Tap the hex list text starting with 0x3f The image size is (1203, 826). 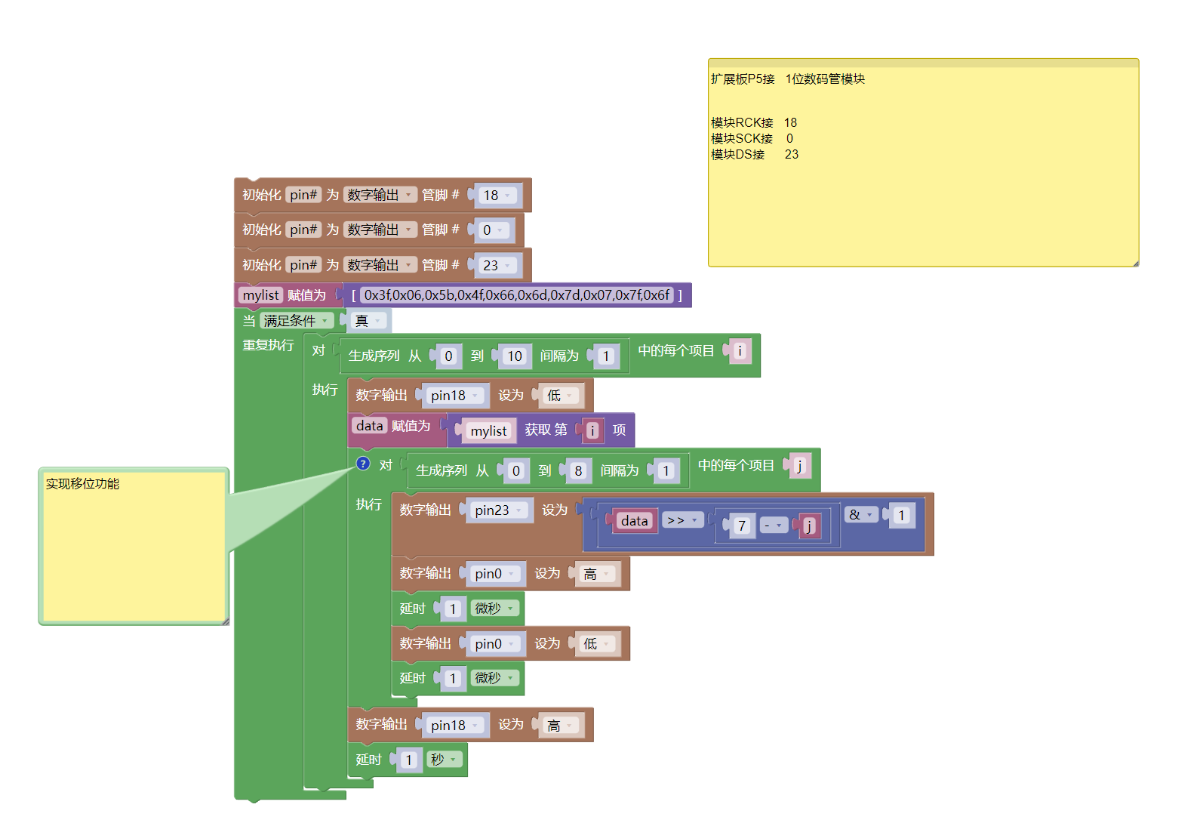coord(517,295)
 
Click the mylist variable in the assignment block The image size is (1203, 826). coord(260,295)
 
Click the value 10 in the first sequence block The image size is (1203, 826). coord(515,356)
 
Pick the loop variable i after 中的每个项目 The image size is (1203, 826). coord(740,350)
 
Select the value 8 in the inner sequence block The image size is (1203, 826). coord(578,471)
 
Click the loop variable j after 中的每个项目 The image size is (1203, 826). coord(800,466)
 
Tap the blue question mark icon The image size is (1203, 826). coord(363,464)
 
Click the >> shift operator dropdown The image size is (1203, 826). coord(682,520)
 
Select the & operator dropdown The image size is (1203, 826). coord(860,515)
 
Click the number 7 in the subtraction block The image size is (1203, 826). coord(742,525)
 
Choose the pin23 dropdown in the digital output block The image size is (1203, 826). coord(498,510)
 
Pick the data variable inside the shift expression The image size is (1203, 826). coord(634,521)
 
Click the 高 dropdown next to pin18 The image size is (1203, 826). coord(560,726)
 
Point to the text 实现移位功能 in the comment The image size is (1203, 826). coord(82,484)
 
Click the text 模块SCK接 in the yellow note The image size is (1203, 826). coord(741,139)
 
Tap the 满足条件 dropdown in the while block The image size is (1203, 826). coord(296,321)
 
